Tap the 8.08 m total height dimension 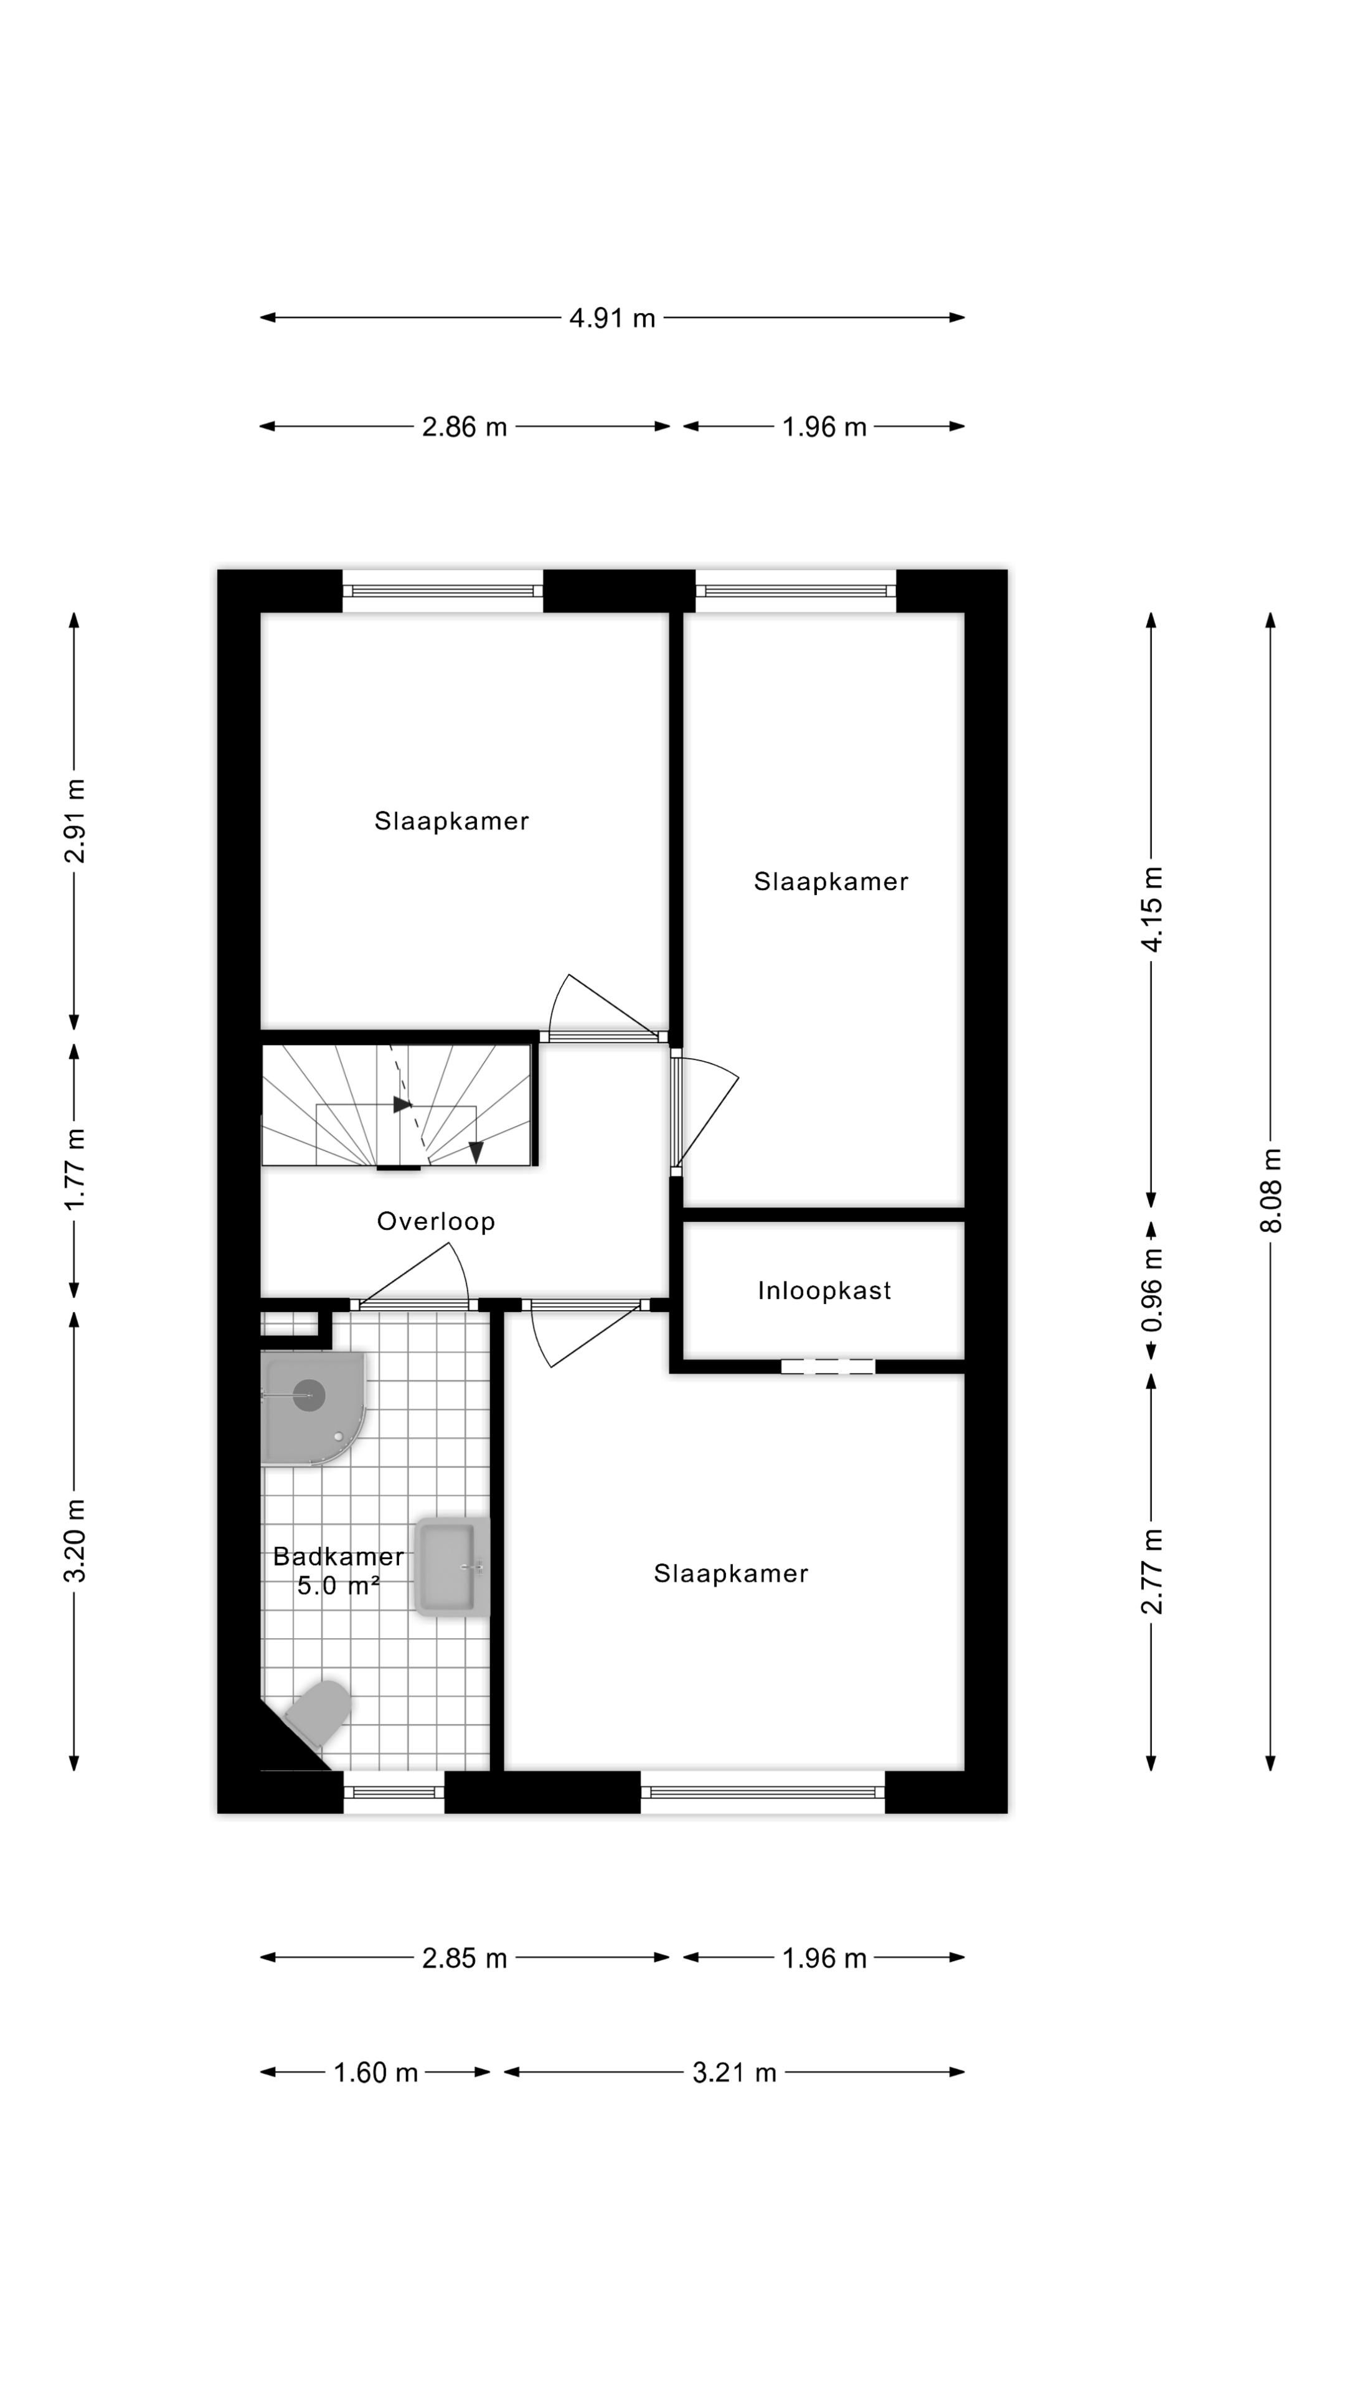pos(1271,1191)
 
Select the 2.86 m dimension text pos(464,427)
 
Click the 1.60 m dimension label pos(375,2073)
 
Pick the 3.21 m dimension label pos(734,2073)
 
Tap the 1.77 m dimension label pos(74,1169)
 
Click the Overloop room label pos(435,1221)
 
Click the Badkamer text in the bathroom pos(338,1556)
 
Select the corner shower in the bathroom pos(311,1407)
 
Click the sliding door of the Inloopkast pos(827,1366)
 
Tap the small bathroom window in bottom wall pos(394,1792)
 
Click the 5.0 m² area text pos(338,1586)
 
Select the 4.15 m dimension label pos(1152,909)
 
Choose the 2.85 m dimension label pos(464,1959)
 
